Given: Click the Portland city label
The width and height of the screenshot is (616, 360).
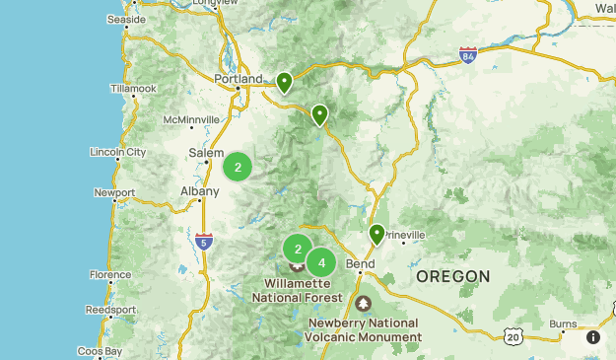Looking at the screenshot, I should click(240, 79).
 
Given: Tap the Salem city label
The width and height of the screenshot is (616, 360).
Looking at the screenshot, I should click(207, 153).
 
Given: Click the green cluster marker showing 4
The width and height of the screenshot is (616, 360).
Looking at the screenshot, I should click(321, 263).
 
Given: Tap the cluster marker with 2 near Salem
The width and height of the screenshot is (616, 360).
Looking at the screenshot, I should click(238, 167).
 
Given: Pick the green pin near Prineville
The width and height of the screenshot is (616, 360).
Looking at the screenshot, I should click(376, 235).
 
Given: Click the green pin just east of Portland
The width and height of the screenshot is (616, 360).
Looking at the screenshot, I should click(284, 83).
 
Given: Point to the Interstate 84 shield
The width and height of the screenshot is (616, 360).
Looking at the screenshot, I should click(467, 53).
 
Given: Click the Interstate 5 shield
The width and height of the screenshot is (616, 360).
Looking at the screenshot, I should click(203, 240).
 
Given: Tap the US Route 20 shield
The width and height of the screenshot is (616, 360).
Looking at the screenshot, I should click(513, 337).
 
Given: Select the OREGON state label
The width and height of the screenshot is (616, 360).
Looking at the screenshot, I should click(452, 276).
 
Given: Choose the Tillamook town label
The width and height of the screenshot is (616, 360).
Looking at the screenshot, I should click(134, 89).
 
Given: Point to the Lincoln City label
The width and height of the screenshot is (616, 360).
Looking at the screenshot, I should click(117, 153).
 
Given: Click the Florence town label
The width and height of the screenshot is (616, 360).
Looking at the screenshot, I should click(109, 275).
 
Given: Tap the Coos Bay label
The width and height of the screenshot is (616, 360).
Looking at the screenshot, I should click(100, 351).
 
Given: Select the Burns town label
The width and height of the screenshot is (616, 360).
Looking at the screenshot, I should click(563, 324).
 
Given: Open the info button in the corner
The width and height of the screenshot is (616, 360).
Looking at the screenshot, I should click(593, 337).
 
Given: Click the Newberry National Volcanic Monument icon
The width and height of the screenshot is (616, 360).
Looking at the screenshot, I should click(364, 304).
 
